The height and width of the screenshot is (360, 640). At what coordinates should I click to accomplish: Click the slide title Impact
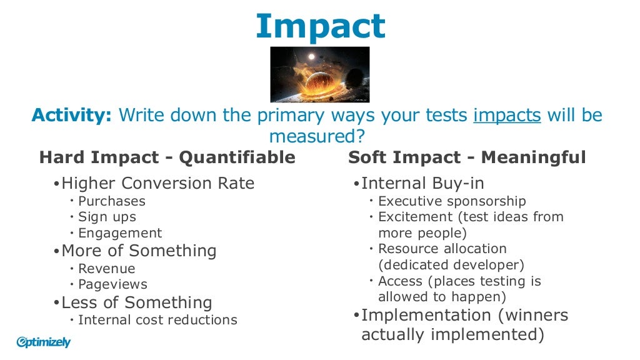tap(320, 26)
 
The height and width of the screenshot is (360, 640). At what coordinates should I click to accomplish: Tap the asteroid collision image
tap(319, 74)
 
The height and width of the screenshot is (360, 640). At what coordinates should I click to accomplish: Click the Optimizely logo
tap(44, 342)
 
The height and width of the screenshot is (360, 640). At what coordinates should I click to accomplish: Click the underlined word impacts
tap(507, 116)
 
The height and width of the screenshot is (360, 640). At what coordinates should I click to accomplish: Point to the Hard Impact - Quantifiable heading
tap(167, 157)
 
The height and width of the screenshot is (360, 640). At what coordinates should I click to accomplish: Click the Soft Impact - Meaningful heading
tap(467, 157)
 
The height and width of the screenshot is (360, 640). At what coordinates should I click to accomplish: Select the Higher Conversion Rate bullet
tap(157, 183)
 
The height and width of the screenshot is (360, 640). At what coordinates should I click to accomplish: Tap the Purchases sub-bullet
tap(112, 201)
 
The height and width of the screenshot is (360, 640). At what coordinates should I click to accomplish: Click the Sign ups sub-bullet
tap(107, 217)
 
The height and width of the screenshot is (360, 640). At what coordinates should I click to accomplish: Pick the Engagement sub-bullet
tap(120, 233)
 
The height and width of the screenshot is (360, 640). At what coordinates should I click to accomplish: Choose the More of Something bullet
tap(139, 251)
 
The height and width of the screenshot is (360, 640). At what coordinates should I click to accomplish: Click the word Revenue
tap(107, 269)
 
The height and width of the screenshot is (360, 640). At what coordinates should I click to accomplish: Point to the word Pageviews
tap(113, 284)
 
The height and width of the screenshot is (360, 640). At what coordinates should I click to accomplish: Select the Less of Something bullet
tap(137, 302)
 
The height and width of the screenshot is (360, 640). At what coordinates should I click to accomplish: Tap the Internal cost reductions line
tap(157, 320)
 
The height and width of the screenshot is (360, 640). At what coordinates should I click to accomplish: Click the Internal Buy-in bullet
tap(422, 183)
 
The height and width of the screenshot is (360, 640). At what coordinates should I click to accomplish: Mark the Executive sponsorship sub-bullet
tap(452, 201)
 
